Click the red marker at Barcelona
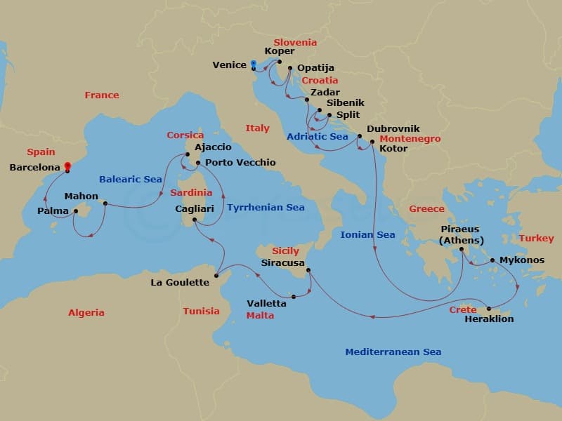[x=67, y=167]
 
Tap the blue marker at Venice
[x=253, y=65]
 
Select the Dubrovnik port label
[x=393, y=128]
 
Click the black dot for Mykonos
[x=492, y=260]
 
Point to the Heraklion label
[x=489, y=319]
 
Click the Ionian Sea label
[x=367, y=234]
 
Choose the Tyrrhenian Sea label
[x=266, y=207]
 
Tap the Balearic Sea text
[x=131, y=180]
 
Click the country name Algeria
[x=86, y=313]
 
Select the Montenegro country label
[x=410, y=139]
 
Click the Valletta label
[x=266, y=304]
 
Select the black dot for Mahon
[x=105, y=204]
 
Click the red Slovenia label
[x=295, y=42]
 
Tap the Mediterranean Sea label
[x=393, y=352]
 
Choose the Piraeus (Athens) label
[x=461, y=235]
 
